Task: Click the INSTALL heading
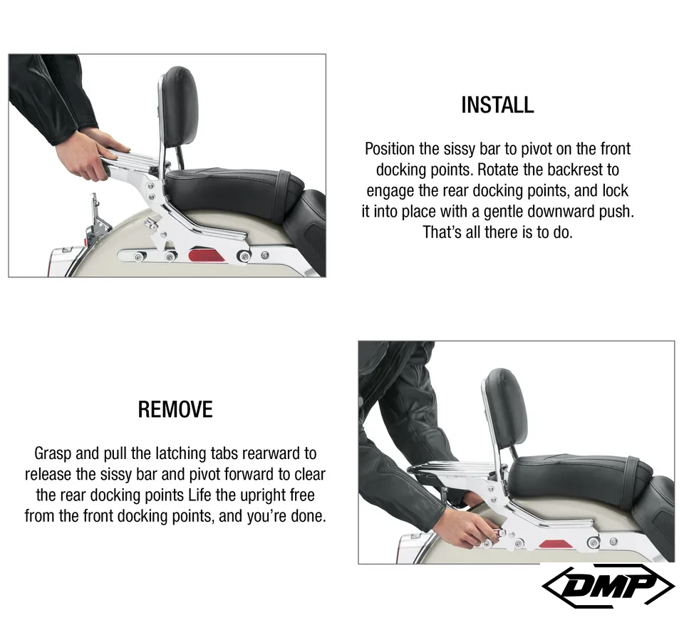497,105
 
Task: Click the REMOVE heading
175,409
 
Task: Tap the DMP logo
608,586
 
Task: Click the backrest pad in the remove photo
507,408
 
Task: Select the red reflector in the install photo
206,255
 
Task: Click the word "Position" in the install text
390,149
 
